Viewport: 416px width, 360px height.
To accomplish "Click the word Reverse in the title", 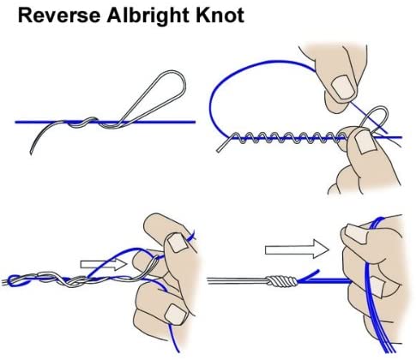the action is (59, 15).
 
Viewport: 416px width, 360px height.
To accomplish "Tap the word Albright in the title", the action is (148, 16).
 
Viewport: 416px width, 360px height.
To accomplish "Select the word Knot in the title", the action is (220, 15).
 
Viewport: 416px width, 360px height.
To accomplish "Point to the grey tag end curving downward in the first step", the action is (43, 135).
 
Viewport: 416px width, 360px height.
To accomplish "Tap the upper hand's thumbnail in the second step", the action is (342, 87).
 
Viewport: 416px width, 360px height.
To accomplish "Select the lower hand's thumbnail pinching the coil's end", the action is (365, 141).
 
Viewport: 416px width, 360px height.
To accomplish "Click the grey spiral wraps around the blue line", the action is (286, 138).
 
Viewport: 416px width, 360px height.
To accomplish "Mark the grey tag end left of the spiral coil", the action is (224, 144).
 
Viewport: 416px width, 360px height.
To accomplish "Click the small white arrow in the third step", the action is (104, 265).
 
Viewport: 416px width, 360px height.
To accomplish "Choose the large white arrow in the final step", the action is (297, 249).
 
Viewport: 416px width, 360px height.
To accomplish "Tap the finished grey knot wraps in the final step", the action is (282, 281).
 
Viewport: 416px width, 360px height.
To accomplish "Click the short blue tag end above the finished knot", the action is (309, 275).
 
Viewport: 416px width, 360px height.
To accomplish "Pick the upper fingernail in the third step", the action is (177, 243).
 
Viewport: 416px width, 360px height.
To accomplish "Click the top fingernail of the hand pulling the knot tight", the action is (357, 233).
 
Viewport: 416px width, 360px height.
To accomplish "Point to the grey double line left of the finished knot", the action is (238, 281).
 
